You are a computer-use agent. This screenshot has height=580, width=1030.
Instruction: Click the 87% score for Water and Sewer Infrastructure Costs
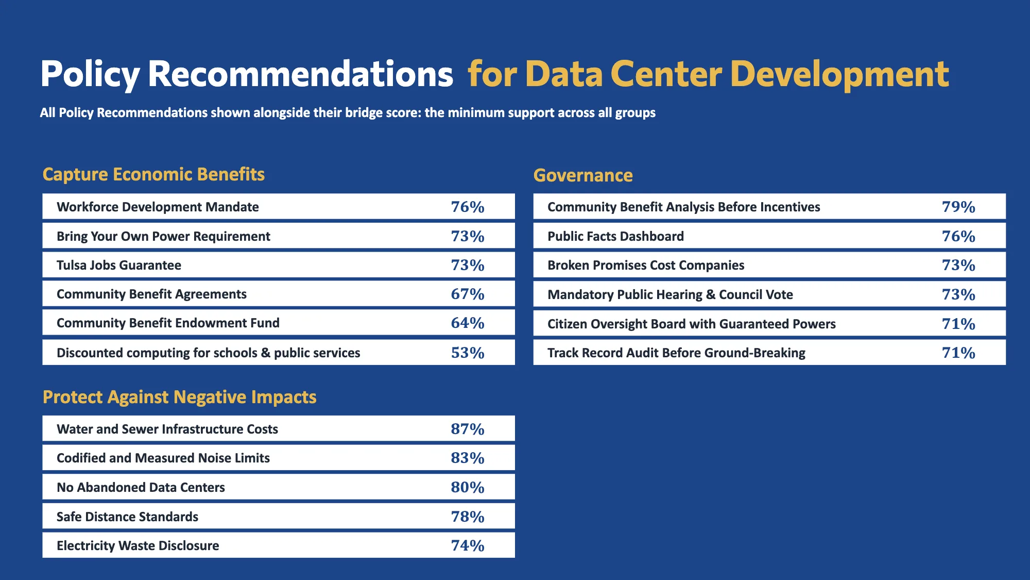click(468, 429)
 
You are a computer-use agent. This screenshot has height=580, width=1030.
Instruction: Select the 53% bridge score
click(468, 353)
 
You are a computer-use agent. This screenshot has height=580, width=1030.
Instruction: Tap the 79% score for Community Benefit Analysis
click(958, 207)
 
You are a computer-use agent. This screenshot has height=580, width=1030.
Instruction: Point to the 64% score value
click(468, 323)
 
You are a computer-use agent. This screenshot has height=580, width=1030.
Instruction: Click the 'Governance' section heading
click(583, 175)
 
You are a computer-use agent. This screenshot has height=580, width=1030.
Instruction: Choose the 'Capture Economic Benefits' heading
click(153, 174)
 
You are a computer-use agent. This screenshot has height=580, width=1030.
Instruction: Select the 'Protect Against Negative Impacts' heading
click(180, 397)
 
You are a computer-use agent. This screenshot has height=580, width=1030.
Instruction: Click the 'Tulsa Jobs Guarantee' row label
click(119, 265)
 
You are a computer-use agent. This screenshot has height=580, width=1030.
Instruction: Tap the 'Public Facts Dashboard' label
click(616, 236)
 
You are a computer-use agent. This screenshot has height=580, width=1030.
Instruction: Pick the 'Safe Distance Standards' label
click(127, 517)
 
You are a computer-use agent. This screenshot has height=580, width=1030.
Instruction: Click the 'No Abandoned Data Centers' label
click(141, 487)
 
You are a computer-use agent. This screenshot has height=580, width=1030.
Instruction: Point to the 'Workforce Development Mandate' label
click(158, 207)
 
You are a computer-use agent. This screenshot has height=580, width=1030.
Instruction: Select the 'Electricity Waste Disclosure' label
click(138, 545)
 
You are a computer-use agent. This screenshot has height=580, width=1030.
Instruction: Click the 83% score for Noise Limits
click(468, 458)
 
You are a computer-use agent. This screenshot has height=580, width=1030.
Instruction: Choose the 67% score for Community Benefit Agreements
click(468, 294)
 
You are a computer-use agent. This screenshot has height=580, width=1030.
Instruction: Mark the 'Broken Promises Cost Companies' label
click(646, 265)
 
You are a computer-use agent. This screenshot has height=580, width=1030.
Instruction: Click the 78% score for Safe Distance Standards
click(468, 517)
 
